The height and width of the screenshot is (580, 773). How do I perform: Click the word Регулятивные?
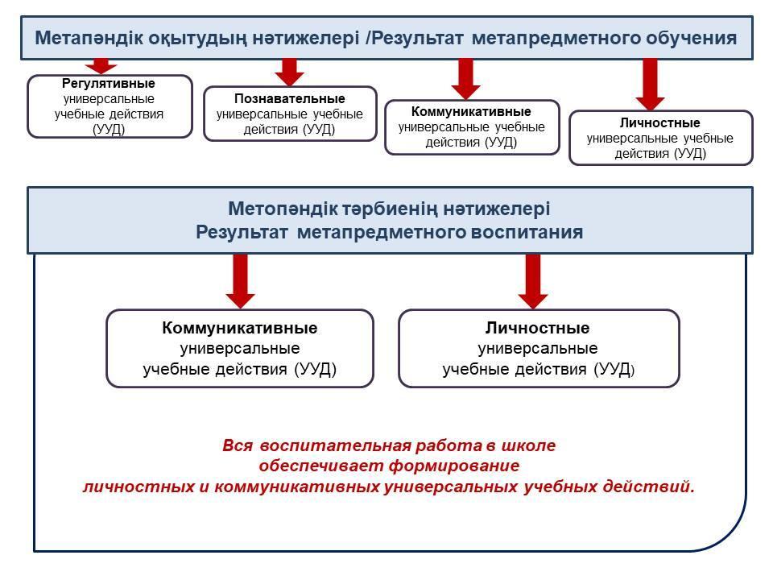click(x=109, y=83)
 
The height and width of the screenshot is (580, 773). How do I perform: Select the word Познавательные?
click(x=290, y=98)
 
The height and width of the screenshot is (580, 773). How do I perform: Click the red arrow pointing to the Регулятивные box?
click(x=101, y=65)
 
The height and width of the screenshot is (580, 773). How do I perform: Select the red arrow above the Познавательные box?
click(x=289, y=72)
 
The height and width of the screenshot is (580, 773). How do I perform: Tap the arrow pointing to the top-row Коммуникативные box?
click(x=466, y=79)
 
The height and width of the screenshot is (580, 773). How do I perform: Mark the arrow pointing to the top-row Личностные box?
click(x=651, y=85)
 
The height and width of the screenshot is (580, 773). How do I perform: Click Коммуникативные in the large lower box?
click(x=240, y=328)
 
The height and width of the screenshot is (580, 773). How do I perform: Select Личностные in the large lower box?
click(x=538, y=328)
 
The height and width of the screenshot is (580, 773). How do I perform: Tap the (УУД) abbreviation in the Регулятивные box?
click(x=109, y=130)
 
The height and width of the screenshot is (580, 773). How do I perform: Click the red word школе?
click(x=528, y=445)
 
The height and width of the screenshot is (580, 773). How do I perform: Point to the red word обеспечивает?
click(x=321, y=466)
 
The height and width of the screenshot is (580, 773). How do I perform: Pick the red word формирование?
click(x=454, y=466)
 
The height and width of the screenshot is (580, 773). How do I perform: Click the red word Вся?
click(x=238, y=445)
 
